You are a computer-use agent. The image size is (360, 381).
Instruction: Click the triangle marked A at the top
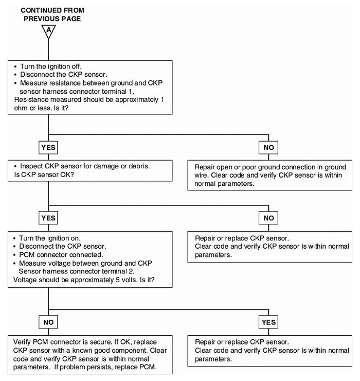[x=48, y=31]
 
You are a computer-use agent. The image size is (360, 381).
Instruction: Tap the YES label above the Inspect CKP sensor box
[x=48, y=147]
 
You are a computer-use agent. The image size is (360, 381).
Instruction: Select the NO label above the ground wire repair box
[x=268, y=147]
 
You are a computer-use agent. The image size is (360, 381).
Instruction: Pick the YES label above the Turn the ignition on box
[x=48, y=218]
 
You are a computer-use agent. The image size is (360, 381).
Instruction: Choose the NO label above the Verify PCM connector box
[x=48, y=322]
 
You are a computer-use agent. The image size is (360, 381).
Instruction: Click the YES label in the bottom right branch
[x=268, y=322]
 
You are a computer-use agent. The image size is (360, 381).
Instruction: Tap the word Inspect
[x=31, y=166]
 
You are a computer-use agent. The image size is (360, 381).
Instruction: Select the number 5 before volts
[x=117, y=280]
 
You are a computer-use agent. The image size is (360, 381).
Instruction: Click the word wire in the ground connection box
[x=201, y=175]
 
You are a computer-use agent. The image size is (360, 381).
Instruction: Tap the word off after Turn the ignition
[x=76, y=66]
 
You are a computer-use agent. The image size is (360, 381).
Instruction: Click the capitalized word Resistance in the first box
[x=31, y=99]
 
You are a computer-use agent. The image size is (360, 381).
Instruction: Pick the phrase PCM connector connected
[x=61, y=255]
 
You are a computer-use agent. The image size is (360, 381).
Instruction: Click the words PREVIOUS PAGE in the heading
[x=52, y=19]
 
